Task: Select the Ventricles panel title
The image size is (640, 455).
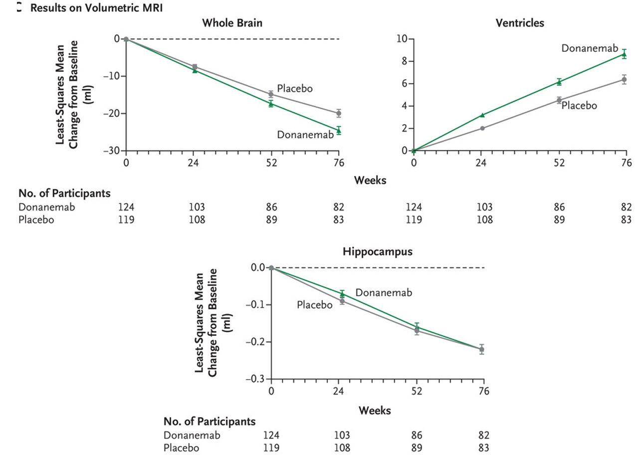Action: [520, 22]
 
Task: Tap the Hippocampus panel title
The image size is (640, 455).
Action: [378, 251]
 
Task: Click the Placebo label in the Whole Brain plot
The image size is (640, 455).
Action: [295, 89]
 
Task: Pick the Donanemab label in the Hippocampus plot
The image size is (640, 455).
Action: [384, 293]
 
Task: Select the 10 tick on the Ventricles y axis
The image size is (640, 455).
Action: [401, 39]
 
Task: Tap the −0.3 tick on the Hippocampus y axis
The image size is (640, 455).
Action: [256, 379]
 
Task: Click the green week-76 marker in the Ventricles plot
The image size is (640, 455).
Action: [624, 54]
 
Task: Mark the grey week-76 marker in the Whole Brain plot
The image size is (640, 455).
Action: [339, 113]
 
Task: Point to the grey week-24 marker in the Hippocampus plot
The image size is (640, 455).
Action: [342, 301]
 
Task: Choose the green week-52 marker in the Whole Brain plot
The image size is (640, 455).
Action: [271, 104]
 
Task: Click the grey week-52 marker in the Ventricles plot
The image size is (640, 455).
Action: [559, 100]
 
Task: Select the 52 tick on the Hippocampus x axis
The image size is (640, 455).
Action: [417, 392]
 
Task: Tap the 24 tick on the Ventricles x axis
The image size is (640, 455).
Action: [481, 163]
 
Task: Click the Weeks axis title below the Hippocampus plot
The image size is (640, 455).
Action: [375, 410]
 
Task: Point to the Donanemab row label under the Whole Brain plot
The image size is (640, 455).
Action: [46, 207]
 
